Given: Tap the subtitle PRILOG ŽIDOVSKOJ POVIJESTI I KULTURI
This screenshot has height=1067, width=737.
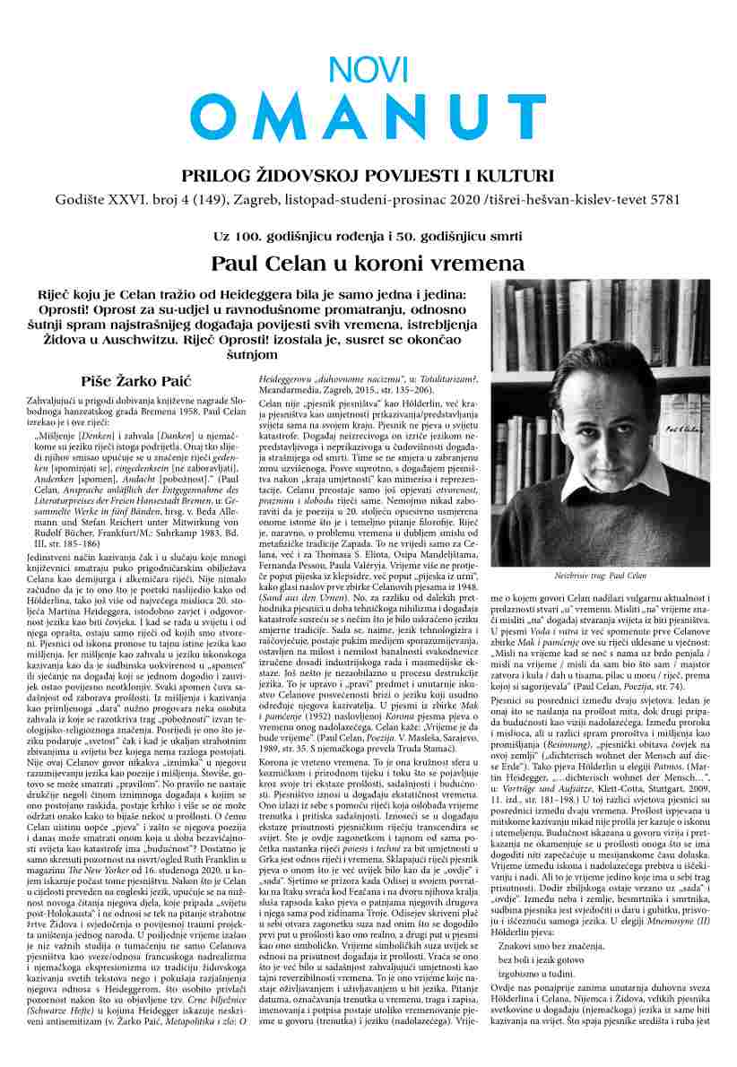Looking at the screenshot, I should pos(368,175).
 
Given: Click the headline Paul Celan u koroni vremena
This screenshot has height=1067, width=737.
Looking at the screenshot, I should pos(368,264).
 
